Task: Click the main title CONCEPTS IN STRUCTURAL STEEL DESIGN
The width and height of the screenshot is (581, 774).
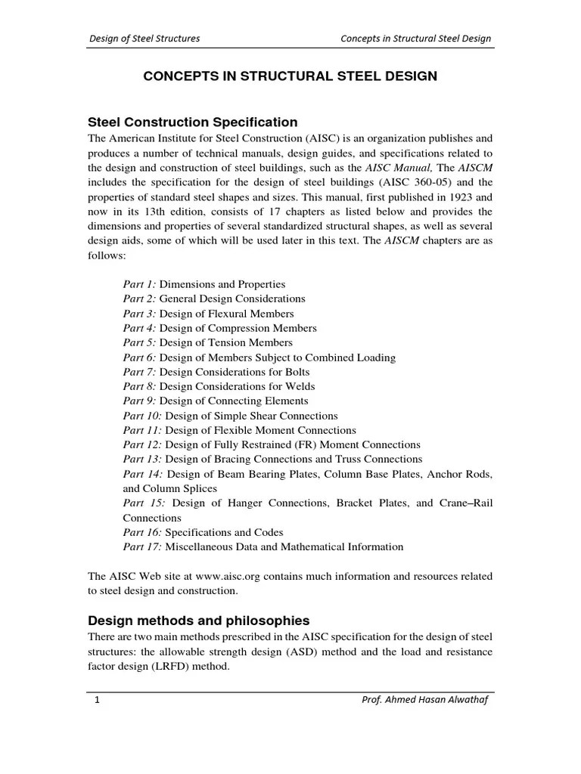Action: tap(290, 76)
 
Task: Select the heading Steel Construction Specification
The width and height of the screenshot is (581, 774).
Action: tap(193, 122)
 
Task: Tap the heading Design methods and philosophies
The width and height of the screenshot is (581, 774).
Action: tap(199, 621)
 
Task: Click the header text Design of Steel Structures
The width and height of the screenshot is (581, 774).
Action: tap(145, 39)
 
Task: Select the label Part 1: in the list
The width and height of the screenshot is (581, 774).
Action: tap(139, 284)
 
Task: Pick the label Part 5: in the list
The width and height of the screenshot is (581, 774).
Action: tap(139, 342)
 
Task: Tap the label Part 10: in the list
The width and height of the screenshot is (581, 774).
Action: tap(142, 416)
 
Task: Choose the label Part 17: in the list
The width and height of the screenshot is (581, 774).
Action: tap(142, 546)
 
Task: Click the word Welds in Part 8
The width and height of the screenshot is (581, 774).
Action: tap(300, 386)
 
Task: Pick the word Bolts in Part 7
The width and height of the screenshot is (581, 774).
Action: tap(296, 372)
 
